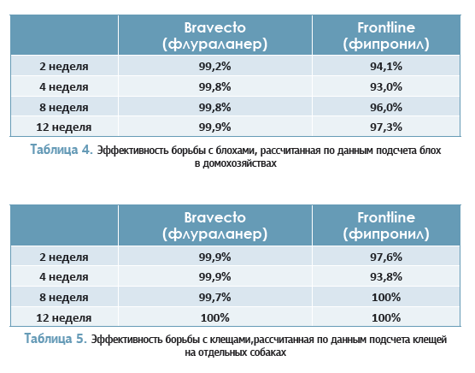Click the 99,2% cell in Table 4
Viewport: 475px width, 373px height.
(x=214, y=66)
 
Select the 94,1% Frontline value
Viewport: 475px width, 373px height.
(x=386, y=66)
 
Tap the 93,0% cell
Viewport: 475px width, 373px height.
(x=386, y=86)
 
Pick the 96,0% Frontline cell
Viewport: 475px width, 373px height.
(x=386, y=107)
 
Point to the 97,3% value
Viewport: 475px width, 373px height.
(x=386, y=127)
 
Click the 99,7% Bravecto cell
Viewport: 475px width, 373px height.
(x=214, y=297)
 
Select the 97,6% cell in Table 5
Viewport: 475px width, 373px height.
(x=386, y=257)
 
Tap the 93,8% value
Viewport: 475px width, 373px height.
(x=386, y=276)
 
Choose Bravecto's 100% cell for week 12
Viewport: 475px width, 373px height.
(x=214, y=317)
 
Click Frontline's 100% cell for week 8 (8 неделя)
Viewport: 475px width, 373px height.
(x=386, y=297)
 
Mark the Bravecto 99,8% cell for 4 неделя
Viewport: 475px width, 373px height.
(x=214, y=86)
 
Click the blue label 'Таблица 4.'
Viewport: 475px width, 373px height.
(x=62, y=150)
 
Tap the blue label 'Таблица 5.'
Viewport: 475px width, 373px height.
(x=56, y=339)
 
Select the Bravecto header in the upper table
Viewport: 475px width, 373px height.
(x=214, y=36)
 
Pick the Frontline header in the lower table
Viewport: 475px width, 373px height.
(x=386, y=226)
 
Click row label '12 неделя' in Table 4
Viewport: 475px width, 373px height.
(x=63, y=127)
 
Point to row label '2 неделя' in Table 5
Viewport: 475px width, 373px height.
(x=63, y=258)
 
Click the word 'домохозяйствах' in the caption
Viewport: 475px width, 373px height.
(x=239, y=163)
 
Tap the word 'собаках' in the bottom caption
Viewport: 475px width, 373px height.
(x=267, y=352)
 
